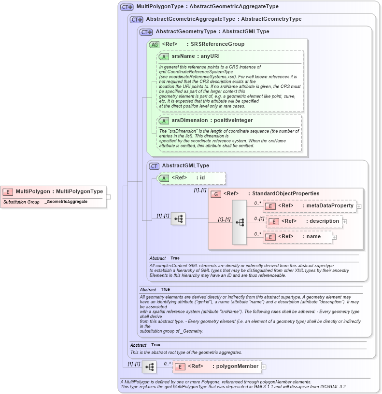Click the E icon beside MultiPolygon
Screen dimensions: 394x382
point(8,191)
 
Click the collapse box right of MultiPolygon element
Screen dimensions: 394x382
point(109,197)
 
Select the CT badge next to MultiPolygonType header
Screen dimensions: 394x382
point(127,7)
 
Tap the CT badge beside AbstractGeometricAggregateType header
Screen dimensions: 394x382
point(137,20)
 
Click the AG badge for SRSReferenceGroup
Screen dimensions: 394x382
point(155,44)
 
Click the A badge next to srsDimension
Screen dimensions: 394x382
point(164,121)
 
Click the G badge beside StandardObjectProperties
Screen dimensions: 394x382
point(216,194)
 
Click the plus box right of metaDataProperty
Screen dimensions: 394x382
point(359,206)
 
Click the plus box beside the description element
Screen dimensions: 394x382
point(345,222)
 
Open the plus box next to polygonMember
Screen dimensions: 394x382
point(264,367)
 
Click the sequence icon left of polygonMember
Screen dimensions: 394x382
point(149,367)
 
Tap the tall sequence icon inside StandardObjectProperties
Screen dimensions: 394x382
point(240,222)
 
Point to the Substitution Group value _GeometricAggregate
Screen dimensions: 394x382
point(66,202)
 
